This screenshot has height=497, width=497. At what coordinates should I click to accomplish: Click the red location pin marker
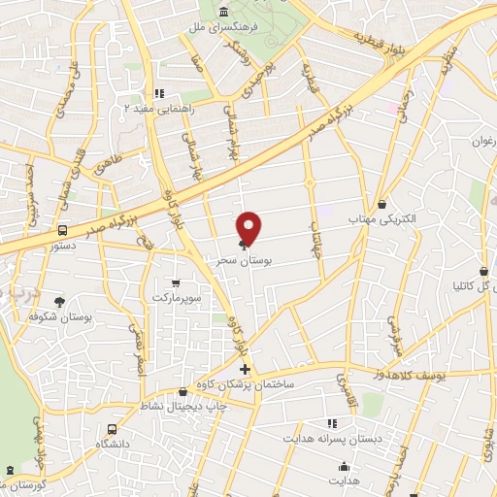[x=249, y=227]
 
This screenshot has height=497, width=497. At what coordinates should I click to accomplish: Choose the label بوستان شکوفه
[x=61, y=317]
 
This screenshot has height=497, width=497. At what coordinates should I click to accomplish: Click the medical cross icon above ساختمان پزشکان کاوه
[x=245, y=369]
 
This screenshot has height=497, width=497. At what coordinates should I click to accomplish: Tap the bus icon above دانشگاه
[x=113, y=428]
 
